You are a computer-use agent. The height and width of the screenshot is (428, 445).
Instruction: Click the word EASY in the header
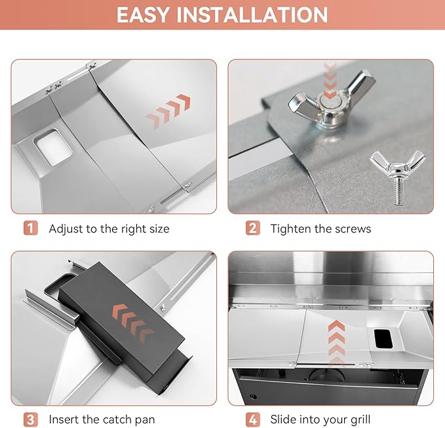point(143,15)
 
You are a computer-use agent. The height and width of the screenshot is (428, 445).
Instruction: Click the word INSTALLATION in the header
point(252,15)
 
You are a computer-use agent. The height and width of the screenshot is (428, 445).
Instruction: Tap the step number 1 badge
point(31,228)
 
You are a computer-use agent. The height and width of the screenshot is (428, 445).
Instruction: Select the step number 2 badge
point(252,228)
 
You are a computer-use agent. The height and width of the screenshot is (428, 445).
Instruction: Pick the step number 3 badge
point(31,419)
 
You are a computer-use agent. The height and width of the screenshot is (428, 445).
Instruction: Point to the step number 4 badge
point(252,419)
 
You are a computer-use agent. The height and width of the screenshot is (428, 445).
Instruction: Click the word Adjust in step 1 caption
point(66,229)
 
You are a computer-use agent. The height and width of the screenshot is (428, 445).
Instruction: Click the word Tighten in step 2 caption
point(290,229)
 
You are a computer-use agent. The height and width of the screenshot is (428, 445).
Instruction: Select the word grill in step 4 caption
point(360,420)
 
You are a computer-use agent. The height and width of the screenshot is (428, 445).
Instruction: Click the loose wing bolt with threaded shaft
point(398,176)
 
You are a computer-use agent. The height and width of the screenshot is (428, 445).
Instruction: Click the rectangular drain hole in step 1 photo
point(53,147)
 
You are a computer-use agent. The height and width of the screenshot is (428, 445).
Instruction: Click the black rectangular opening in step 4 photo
point(383,338)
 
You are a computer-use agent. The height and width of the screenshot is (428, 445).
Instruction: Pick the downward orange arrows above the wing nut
point(330,81)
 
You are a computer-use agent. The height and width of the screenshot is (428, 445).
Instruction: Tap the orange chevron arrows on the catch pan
point(134,324)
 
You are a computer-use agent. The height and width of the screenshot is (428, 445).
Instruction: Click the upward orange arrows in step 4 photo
point(336,342)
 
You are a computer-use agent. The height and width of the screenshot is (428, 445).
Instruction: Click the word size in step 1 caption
point(159,229)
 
